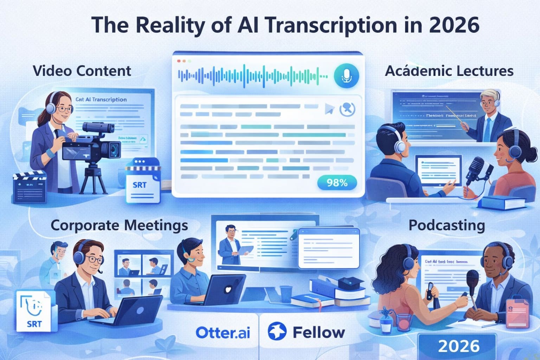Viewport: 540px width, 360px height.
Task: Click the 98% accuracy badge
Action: pyautogui.click(x=337, y=183)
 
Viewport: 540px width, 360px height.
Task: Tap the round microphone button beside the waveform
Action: pyautogui.click(x=346, y=75)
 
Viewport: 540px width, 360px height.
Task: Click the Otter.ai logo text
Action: pyautogui.click(x=223, y=333)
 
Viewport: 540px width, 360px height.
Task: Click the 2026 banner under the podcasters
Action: pyautogui.click(x=458, y=346)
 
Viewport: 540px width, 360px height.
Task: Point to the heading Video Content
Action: pyautogui.click(x=82, y=71)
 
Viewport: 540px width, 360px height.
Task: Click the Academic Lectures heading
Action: pyautogui.click(x=449, y=71)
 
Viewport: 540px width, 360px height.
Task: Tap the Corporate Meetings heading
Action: pyautogui.click(x=119, y=225)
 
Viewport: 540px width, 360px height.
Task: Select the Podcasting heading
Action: pyautogui.click(x=446, y=225)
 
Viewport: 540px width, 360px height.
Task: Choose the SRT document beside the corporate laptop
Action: pyautogui.click(x=33, y=311)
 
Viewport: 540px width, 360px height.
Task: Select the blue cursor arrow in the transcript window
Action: pyautogui.click(x=329, y=109)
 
